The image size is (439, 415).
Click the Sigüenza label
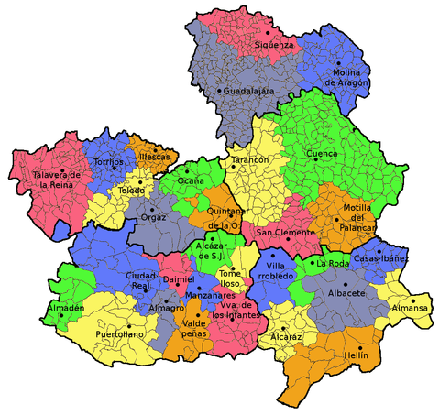point(274,43)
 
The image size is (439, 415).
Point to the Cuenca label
point(322,153)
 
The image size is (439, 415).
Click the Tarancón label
point(249,159)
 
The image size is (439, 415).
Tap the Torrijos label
point(109,161)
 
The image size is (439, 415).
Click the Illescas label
point(154,157)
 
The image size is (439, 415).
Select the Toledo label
point(130,191)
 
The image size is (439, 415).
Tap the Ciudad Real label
point(140,280)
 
